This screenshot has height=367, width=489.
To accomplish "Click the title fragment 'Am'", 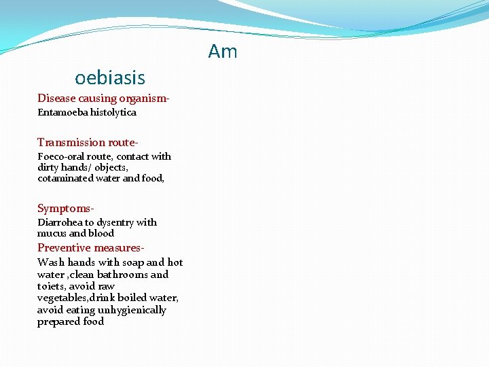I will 223,52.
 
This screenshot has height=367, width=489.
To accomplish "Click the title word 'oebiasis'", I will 110,77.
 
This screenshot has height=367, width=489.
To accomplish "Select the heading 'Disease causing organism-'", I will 103,99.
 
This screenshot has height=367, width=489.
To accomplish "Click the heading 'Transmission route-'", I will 88,142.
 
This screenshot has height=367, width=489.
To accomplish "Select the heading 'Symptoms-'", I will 66,208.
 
